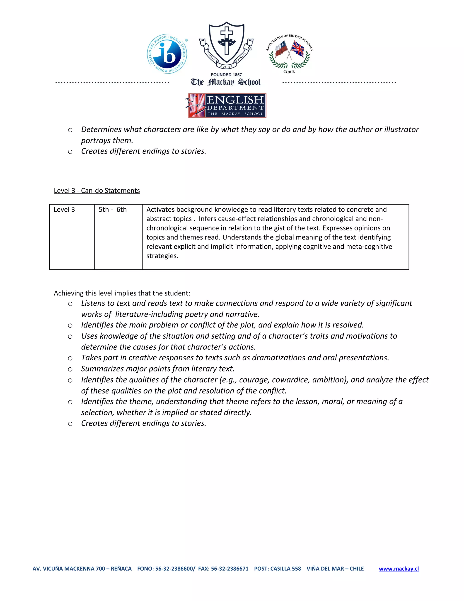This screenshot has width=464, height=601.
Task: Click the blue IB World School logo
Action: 167,54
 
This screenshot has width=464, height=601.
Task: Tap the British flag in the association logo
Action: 298,49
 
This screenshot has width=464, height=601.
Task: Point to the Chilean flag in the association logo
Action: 281,48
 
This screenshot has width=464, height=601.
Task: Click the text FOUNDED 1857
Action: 226,75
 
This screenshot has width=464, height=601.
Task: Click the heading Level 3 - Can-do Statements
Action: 97,191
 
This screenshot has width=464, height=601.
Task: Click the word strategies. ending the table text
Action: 162,256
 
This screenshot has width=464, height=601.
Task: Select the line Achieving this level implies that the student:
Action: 122,293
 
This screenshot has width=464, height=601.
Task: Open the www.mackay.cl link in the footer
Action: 399,569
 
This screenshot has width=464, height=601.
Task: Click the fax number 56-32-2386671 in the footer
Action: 230,569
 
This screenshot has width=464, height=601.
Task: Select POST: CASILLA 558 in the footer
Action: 277,569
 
